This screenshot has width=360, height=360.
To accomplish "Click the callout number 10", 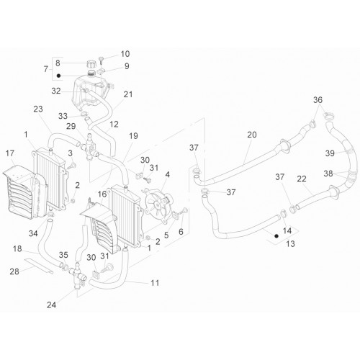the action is coord(125,54).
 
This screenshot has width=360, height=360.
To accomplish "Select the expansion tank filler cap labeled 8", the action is coord(91,64).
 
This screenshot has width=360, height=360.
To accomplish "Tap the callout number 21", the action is coord(128,94).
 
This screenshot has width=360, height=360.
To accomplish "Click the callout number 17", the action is coord(10,153).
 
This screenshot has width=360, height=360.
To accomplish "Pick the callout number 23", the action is coord(38,109).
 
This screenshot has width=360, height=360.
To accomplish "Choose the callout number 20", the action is coord(252,135).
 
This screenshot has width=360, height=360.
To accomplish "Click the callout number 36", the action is coord(318,100).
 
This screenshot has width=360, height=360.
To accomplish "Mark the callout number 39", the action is coord(330,153).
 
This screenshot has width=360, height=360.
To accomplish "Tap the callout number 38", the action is coord(328,174).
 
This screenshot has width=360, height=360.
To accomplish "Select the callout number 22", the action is coord(302,179).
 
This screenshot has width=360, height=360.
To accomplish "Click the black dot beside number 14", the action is coord(276,236).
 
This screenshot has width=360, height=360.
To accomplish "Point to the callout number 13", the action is coord(290,244).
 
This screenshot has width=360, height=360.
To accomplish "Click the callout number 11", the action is coord(155,283).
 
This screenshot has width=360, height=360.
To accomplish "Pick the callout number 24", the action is coord(51,305).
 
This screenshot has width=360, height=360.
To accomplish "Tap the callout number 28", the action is coord(14,271).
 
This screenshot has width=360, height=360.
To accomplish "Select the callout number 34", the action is coord(33,233).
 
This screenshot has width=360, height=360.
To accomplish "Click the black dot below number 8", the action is coord(58,76).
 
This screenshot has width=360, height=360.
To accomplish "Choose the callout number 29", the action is coord(71,126).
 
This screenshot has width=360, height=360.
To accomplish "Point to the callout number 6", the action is coord(181,232).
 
